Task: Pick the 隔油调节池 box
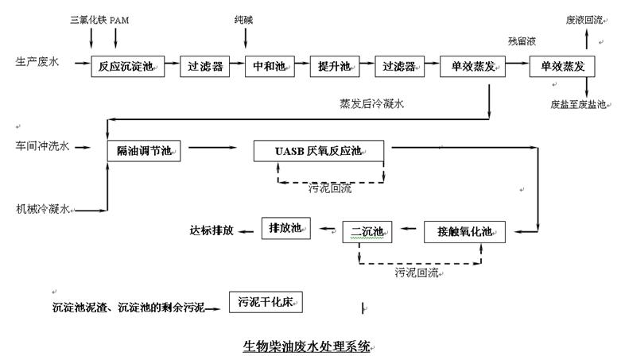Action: point(144,150)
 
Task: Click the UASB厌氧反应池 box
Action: point(318,150)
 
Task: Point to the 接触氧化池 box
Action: point(464,231)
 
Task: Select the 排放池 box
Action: point(285,229)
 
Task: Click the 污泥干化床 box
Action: point(266,302)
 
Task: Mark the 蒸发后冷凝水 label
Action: point(371,103)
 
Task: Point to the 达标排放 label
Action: point(212,230)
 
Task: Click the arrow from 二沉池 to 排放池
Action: point(328,230)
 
